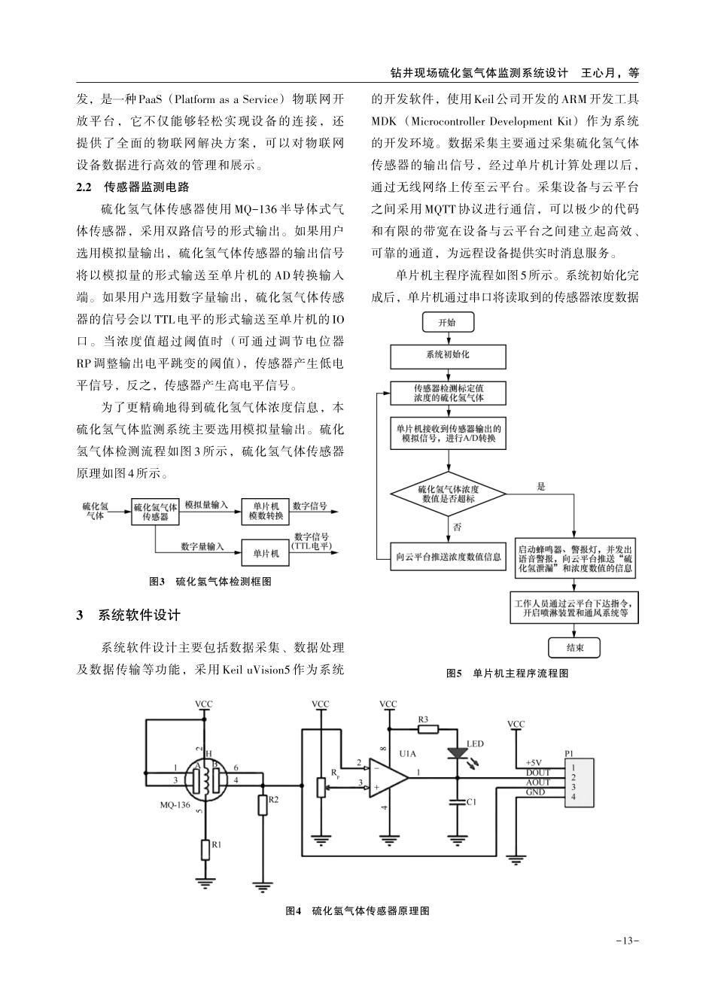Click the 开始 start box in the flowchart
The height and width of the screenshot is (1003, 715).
pos(447,322)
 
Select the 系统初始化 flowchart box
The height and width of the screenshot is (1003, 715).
pos(448,354)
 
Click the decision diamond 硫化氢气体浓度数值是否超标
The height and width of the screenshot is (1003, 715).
pos(448,494)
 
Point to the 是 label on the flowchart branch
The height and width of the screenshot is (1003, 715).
pos(541,488)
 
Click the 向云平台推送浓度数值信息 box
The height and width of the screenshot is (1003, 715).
pos(449,557)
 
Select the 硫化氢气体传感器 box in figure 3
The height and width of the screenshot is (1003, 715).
pos(155,512)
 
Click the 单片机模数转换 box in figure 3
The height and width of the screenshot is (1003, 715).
pos(266,512)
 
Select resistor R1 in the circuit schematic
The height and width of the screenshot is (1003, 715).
pos(205,849)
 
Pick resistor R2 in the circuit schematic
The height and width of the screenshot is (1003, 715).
pos(263,804)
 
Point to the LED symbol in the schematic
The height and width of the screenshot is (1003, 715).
pos(455,752)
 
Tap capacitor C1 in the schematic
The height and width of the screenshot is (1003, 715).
pos(455,802)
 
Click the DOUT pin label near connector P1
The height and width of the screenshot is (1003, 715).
pos(537,773)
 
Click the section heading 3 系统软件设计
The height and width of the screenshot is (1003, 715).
pos(129,615)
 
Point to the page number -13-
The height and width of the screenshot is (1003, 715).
pos(627,941)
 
